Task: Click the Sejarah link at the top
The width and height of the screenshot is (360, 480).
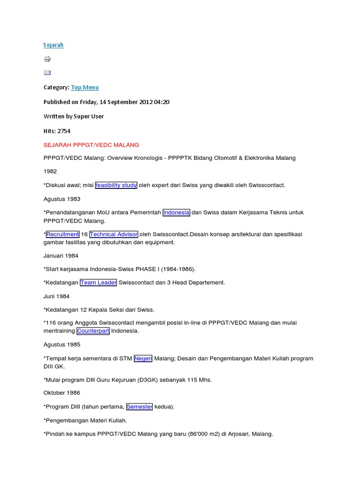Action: (53, 45)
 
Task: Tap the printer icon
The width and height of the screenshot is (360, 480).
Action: (47, 59)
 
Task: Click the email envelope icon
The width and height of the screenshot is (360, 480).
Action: (47, 73)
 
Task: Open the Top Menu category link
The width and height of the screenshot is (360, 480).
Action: (85, 88)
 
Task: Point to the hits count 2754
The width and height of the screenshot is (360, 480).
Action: (64, 131)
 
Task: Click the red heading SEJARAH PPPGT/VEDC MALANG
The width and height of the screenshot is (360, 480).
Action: (91, 145)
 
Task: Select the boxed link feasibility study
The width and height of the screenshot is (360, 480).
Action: (116, 185)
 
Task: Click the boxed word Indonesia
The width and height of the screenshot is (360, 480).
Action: (176, 212)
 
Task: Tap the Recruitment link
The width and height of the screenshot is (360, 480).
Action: (62, 234)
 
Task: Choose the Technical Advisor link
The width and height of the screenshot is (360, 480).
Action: (113, 234)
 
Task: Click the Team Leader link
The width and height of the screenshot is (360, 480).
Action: (98, 283)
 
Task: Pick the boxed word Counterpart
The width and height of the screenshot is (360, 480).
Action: (93, 331)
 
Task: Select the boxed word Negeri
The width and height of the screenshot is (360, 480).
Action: (143, 359)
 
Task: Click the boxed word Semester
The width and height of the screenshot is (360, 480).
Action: (140, 407)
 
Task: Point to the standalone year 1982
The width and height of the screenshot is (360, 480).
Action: (50, 172)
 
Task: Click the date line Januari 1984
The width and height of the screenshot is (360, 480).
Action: (61, 256)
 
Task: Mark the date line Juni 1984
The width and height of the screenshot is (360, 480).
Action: (56, 296)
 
